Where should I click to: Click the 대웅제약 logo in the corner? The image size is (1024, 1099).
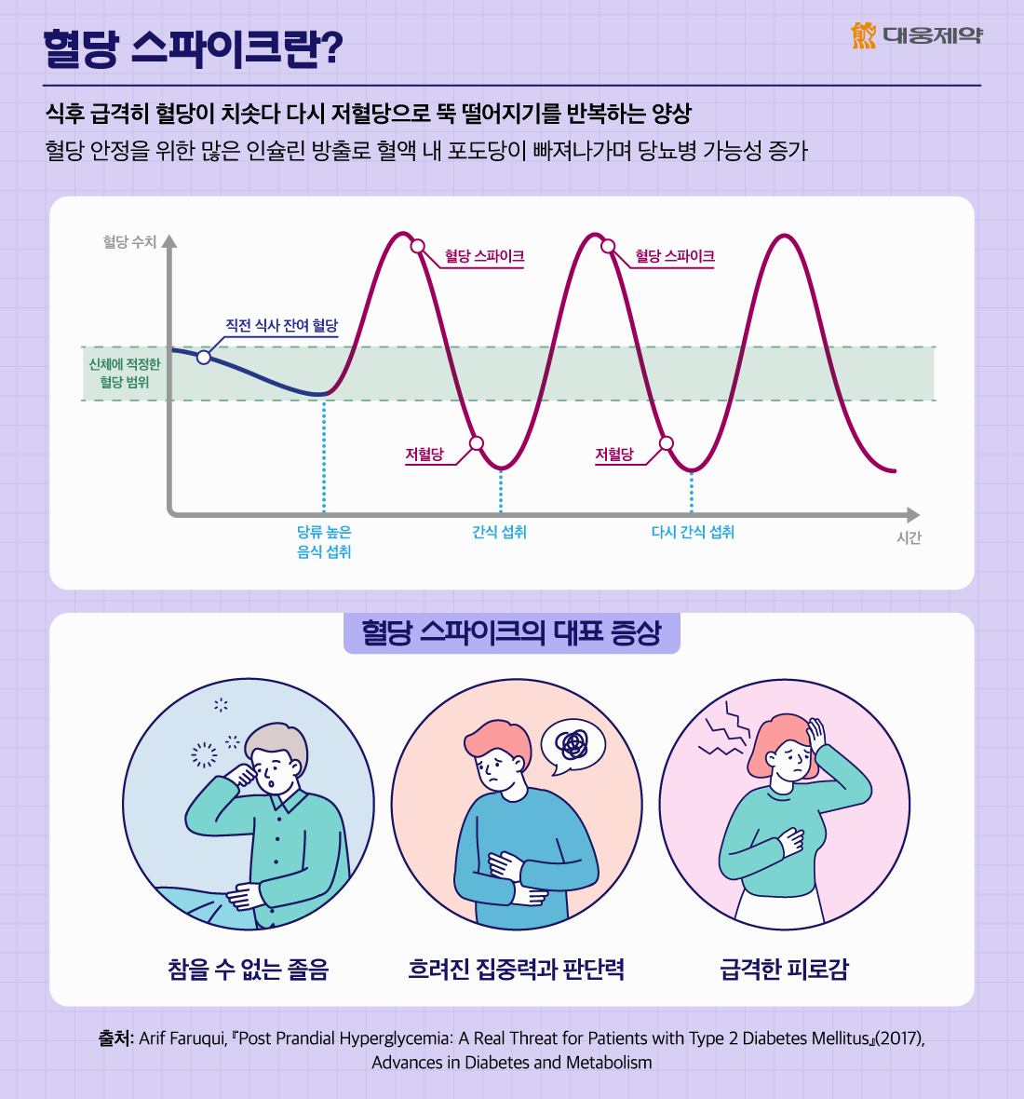[916, 35]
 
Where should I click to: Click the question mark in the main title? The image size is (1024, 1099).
[330, 49]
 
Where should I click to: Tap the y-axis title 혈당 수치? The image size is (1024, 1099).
[129, 242]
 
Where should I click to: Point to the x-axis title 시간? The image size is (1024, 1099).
[909, 538]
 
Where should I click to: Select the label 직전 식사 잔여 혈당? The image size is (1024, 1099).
[281, 325]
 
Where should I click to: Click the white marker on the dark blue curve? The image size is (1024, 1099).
[204, 357]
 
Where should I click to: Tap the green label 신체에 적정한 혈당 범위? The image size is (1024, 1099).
[125, 373]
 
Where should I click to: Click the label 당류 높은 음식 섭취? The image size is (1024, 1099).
[324, 541]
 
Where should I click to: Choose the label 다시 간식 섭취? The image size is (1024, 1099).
[693, 532]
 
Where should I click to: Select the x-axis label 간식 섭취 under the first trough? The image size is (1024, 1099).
[499, 532]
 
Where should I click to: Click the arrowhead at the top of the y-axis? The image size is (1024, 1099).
[168, 241]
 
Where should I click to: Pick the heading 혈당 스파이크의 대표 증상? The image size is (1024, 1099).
[511, 632]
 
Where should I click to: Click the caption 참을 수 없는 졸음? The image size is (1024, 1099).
[249, 970]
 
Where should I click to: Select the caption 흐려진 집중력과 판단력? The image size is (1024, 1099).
[516, 970]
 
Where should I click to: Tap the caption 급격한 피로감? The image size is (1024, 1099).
[784, 970]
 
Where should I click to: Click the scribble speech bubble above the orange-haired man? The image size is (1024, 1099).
[573, 744]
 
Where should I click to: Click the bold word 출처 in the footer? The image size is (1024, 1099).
[115, 1038]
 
